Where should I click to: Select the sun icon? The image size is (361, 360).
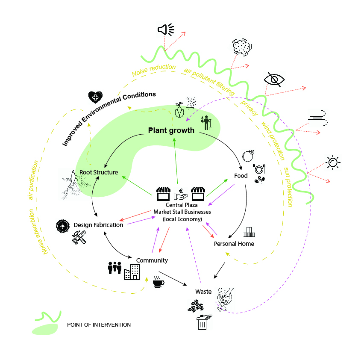333,162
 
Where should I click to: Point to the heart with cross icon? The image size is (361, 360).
95,97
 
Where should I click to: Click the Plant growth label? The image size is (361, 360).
171,130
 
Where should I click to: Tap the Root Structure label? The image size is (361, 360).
99,172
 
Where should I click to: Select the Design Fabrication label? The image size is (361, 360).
98,225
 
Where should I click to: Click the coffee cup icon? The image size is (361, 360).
158,283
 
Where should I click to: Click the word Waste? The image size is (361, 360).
203,292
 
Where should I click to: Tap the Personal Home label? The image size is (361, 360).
234,244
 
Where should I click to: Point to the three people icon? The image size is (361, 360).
114,268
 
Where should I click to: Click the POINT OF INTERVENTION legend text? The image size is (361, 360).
99,325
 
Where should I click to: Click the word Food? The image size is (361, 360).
241,176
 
